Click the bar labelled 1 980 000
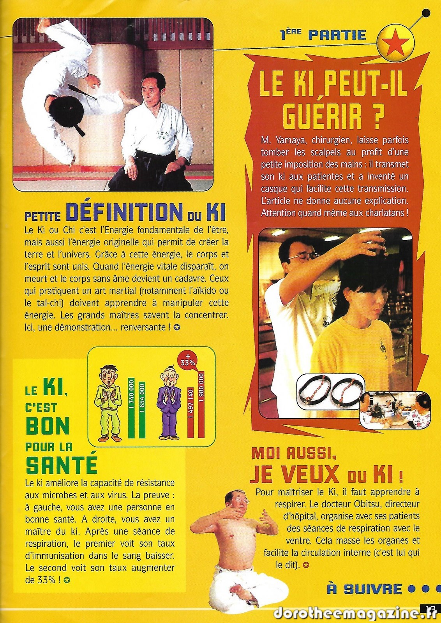tap(201, 404)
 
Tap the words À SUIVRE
tap(365, 589)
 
